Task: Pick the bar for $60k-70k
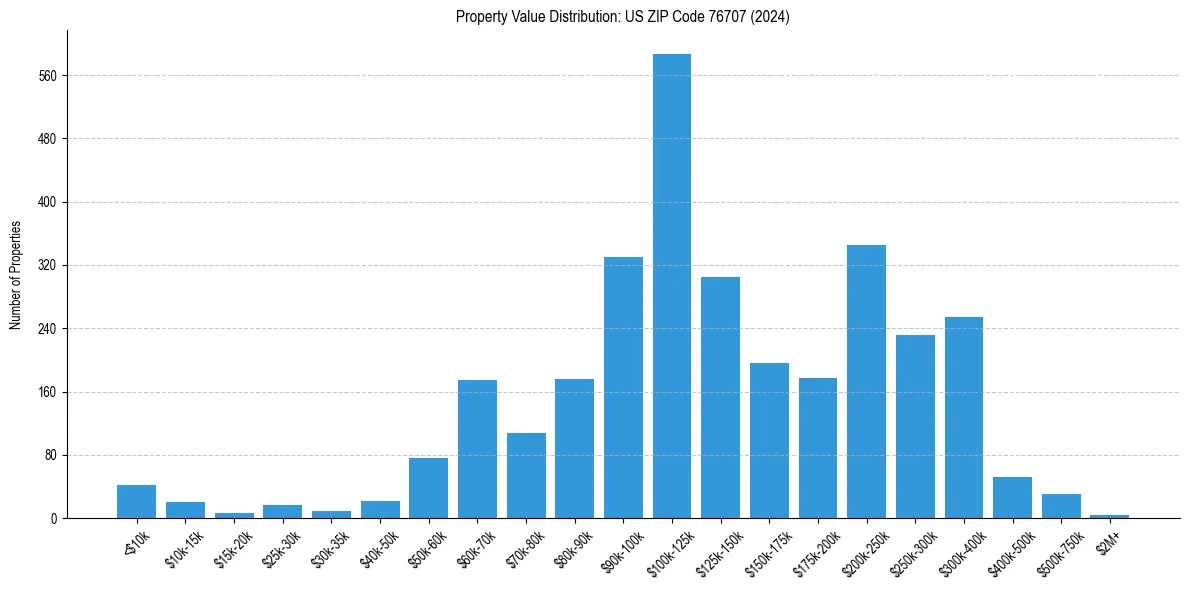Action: click(x=477, y=449)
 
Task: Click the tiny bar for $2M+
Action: click(x=1109, y=516)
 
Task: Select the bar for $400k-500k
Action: click(x=1012, y=497)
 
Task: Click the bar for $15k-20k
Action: click(x=234, y=515)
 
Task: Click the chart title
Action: click(x=622, y=17)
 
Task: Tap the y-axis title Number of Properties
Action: click(x=16, y=275)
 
